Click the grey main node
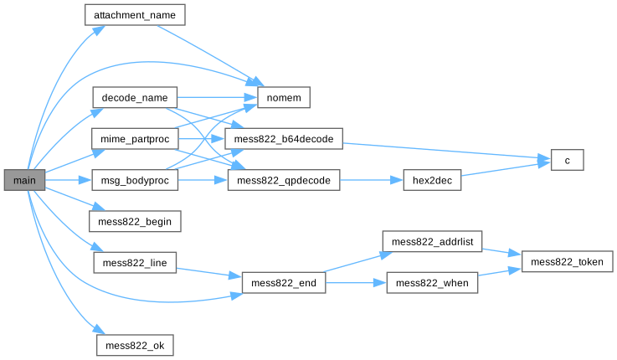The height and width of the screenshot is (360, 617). tap(24, 180)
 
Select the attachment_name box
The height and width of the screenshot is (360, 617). tap(135, 15)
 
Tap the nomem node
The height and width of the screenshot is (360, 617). tap(284, 98)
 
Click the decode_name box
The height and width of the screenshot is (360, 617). tap(135, 98)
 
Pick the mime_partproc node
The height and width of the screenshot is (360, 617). tap(135, 139)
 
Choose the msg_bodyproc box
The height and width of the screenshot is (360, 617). tap(135, 180)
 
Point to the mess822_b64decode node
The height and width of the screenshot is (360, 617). tap(284, 139)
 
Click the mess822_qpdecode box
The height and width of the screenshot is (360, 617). tap(284, 180)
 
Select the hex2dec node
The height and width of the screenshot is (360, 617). tap(432, 180)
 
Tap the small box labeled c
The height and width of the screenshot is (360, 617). tap(567, 160)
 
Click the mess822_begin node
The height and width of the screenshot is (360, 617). tap(135, 222)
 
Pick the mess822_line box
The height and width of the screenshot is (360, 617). tap(135, 263)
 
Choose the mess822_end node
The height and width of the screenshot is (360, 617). tap(284, 283)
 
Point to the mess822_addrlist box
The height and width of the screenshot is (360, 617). tap(432, 242)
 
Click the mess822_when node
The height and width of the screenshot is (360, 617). tap(432, 283)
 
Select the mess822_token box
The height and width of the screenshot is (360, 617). tap(567, 262)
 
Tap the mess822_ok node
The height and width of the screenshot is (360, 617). tap(135, 346)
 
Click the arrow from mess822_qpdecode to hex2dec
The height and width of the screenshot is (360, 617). tap(372, 180)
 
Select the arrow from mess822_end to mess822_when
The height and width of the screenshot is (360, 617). tap(356, 283)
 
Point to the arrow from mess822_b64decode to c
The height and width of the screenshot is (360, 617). tap(446, 151)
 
